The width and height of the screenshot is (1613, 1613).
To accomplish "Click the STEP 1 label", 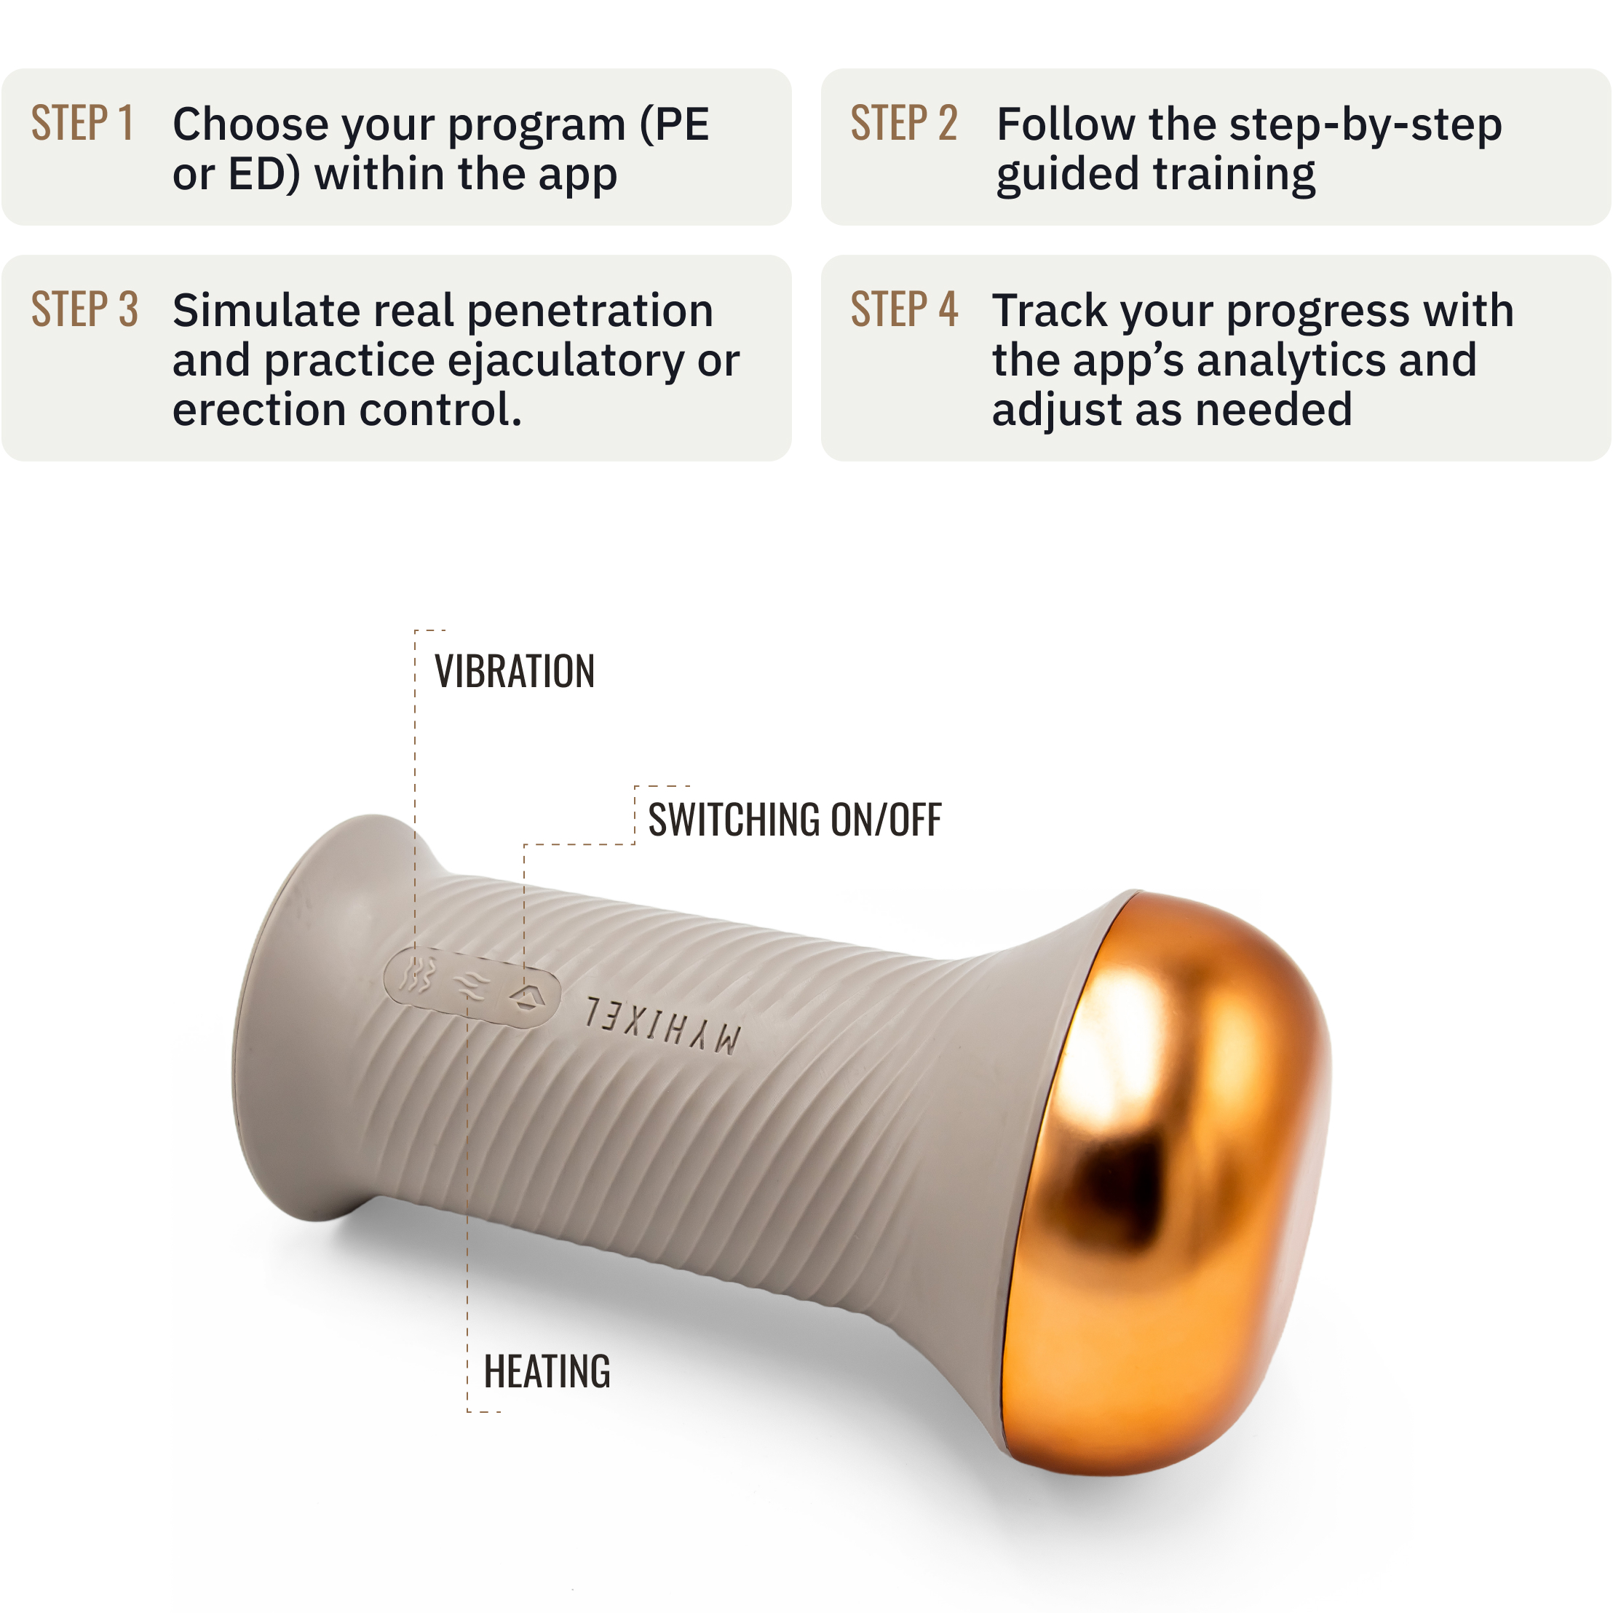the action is tap(83, 124).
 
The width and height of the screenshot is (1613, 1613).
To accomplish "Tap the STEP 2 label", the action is tap(903, 124).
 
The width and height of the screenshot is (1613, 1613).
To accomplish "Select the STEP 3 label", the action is tap(84, 310).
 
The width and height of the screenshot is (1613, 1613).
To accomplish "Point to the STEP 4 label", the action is tap(904, 310).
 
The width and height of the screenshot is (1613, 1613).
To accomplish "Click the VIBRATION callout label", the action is tap(515, 671).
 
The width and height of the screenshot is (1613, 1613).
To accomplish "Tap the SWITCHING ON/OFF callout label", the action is tap(795, 819).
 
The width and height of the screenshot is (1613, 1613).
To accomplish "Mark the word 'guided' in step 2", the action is tap(1068, 176).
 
